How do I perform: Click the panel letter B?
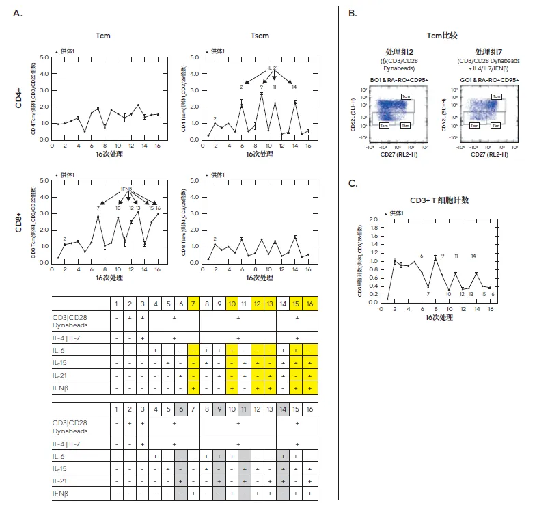pyautogui.click(x=352, y=14)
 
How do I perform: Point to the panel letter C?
pyautogui.click(x=353, y=183)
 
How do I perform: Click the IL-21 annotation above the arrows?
pyautogui.click(x=272, y=68)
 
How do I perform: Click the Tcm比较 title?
pyautogui.click(x=442, y=34)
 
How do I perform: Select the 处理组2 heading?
pyautogui.click(x=400, y=52)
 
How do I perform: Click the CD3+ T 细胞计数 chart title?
pyautogui.click(x=439, y=200)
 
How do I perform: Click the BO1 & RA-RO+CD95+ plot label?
pyautogui.click(x=400, y=81)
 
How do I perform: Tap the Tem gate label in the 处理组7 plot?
pyautogui.click(x=471, y=127)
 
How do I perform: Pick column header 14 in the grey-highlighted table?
pyautogui.click(x=284, y=409)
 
